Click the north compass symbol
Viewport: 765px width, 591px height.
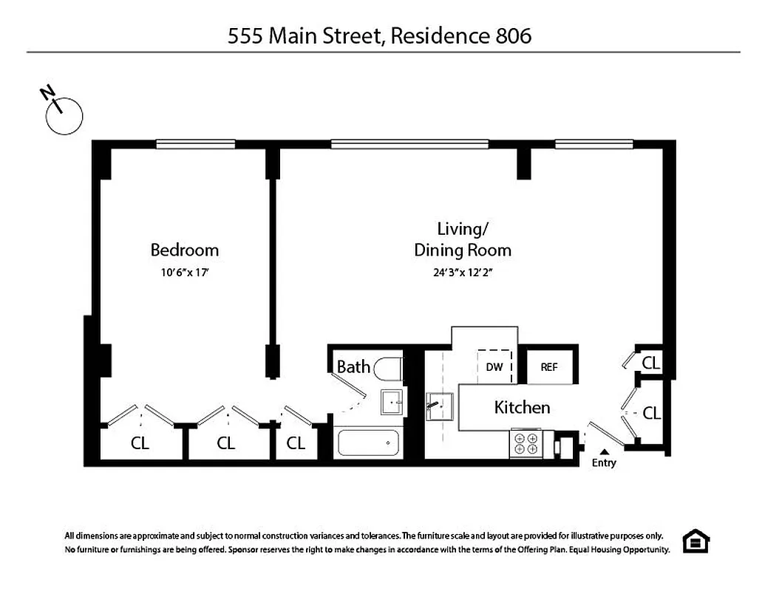click(64, 115)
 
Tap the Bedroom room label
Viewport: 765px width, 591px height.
click(185, 250)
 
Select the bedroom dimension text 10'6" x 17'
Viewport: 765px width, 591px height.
click(185, 272)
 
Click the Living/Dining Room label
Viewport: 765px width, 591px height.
click(462, 239)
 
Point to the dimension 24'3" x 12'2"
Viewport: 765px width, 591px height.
click(463, 272)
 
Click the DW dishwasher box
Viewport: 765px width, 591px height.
click(494, 366)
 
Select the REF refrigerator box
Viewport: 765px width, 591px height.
click(549, 366)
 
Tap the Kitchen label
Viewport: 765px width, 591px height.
click(522, 407)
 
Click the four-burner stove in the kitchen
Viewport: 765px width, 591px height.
click(526, 443)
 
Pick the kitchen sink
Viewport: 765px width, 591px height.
click(439, 406)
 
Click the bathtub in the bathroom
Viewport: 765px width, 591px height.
click(368, 443)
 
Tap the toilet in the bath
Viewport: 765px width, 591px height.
click(388, 367)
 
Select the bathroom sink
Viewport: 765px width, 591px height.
click(392, 403)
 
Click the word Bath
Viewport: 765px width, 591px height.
click(353, 366)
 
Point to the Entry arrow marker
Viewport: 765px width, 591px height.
click(604, 451)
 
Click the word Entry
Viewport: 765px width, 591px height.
click(604, 463)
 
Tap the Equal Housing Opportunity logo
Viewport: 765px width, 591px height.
click(695, 541)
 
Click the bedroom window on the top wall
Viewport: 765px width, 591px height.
click(195, 144)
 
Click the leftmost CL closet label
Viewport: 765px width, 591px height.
click(140, 443)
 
